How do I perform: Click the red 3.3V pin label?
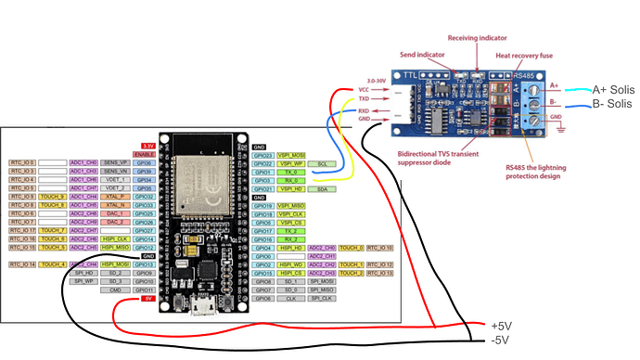click(147, 146)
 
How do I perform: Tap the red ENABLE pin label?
click(145, 154)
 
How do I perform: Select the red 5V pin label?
click(147, 300)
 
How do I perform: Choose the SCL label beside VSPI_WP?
click(321, 162)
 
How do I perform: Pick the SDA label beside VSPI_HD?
click(321, 188)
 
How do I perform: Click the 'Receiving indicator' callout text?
click(476, 38)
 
